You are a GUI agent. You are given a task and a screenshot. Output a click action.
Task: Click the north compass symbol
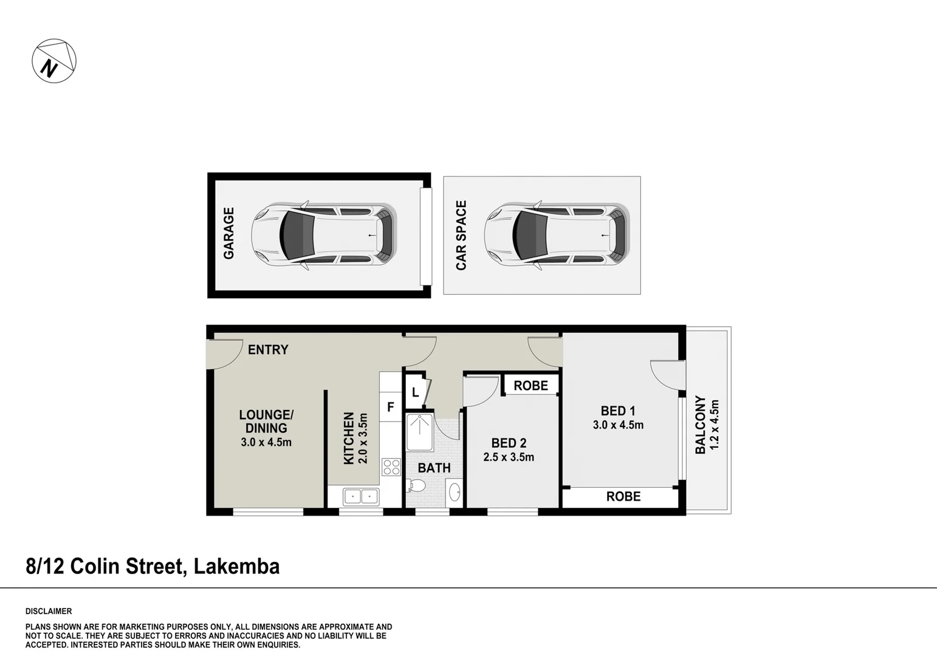54,61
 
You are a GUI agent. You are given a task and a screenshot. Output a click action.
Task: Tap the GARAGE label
228,233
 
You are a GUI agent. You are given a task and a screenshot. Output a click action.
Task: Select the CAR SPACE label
461,236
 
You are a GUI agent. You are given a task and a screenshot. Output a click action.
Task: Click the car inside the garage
324,236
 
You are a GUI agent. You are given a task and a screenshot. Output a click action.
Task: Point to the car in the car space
557,236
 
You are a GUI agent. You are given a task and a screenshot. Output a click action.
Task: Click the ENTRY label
268,349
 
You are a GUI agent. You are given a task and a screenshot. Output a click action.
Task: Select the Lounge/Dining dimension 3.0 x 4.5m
266,442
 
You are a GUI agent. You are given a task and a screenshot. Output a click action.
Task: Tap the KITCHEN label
349,438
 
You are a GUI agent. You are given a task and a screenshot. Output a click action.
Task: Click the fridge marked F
391,406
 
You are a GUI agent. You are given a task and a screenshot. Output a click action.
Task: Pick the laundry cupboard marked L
416,392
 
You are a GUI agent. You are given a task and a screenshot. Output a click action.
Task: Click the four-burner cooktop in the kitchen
391,468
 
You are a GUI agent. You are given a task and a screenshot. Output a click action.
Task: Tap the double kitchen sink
361,497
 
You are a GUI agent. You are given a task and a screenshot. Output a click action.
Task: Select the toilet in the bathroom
416,485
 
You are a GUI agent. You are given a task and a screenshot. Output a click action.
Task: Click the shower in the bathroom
419,432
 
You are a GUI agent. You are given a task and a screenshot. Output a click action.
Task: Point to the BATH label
434,468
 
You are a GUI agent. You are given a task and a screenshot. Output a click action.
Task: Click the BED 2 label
509,443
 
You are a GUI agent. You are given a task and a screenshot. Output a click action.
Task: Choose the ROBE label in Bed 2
531,386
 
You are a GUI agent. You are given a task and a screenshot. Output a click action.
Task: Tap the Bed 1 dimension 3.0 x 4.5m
618,425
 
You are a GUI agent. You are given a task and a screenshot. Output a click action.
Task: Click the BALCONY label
701,425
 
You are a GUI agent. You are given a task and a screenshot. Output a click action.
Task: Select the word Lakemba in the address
237,567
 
